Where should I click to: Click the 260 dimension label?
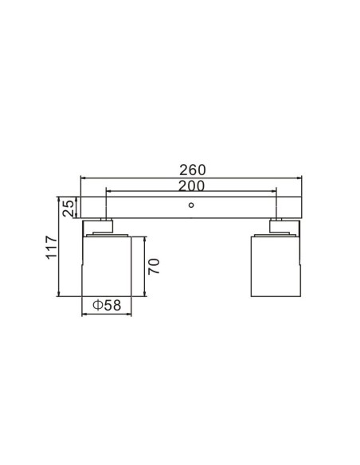[x=192, y=170]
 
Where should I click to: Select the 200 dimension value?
[x=191, y=186]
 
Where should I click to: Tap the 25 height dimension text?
[x=68, y=208]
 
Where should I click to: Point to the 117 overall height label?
[x=51, y=248]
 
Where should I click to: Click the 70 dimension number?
[x=154, y=266]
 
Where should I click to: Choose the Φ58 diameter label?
[x=107, y=305]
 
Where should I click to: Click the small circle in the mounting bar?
[x=191, y=205]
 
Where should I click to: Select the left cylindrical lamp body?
[x=107, y=266]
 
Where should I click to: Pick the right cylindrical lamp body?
[x=276, y=266]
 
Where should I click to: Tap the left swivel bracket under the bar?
[x=98, y=227]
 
